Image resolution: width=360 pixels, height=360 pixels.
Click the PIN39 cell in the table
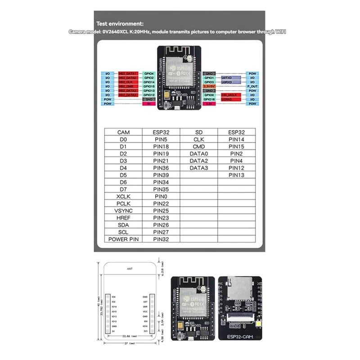[x=161, y=175]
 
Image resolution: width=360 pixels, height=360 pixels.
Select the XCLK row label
[x=124, y=196]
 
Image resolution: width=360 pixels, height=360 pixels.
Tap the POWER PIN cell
[x=124, y=239]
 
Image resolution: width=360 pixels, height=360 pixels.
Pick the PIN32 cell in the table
[x=161, y=239]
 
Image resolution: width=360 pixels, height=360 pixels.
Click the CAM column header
[x=124, y=132]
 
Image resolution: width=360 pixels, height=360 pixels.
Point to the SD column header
[x=199, y=132]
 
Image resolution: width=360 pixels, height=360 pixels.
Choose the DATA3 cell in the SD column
[x=199, y=168]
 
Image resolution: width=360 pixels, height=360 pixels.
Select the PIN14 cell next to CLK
[x=236, y=139]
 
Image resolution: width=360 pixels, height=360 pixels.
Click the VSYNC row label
[x=124, y=211]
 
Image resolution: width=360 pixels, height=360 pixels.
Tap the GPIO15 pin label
[x=149, y=86]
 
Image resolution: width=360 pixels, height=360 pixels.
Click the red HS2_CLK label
[x=127, y=82]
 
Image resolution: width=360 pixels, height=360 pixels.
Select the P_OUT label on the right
[x=252, y=86]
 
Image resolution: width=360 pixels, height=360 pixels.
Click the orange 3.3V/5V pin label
[x=209, y=86]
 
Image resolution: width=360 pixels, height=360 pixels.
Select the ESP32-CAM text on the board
[x=240, y=336]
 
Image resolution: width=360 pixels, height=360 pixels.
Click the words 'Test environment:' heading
[x=120, y=23]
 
